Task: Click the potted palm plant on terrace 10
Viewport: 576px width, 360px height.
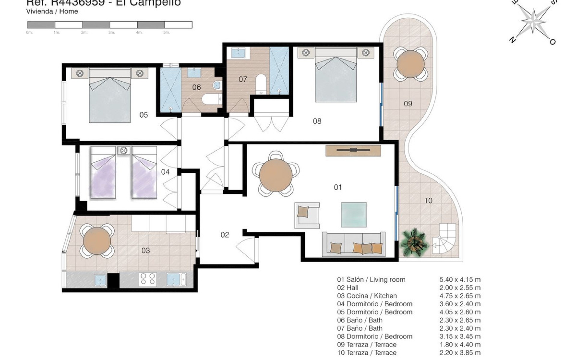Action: (414, 243)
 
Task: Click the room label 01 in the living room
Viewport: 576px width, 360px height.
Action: (338, 187)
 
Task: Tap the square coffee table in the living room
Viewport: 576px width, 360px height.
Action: (354, 214)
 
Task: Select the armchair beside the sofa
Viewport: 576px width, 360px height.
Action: (307, 215)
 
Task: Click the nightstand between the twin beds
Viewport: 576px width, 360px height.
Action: (124, 150)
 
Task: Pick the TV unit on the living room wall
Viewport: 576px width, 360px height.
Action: (353, 150)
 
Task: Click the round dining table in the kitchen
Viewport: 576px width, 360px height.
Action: (97, 241)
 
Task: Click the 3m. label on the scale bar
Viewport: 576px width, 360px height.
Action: (112, 32)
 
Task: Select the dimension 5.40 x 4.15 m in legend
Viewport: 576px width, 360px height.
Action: (460, 280)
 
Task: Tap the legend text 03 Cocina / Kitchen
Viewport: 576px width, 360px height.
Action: (367, 296)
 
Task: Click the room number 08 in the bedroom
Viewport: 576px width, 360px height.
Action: (317, 121)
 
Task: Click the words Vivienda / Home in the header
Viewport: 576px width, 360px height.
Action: (52, 11)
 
